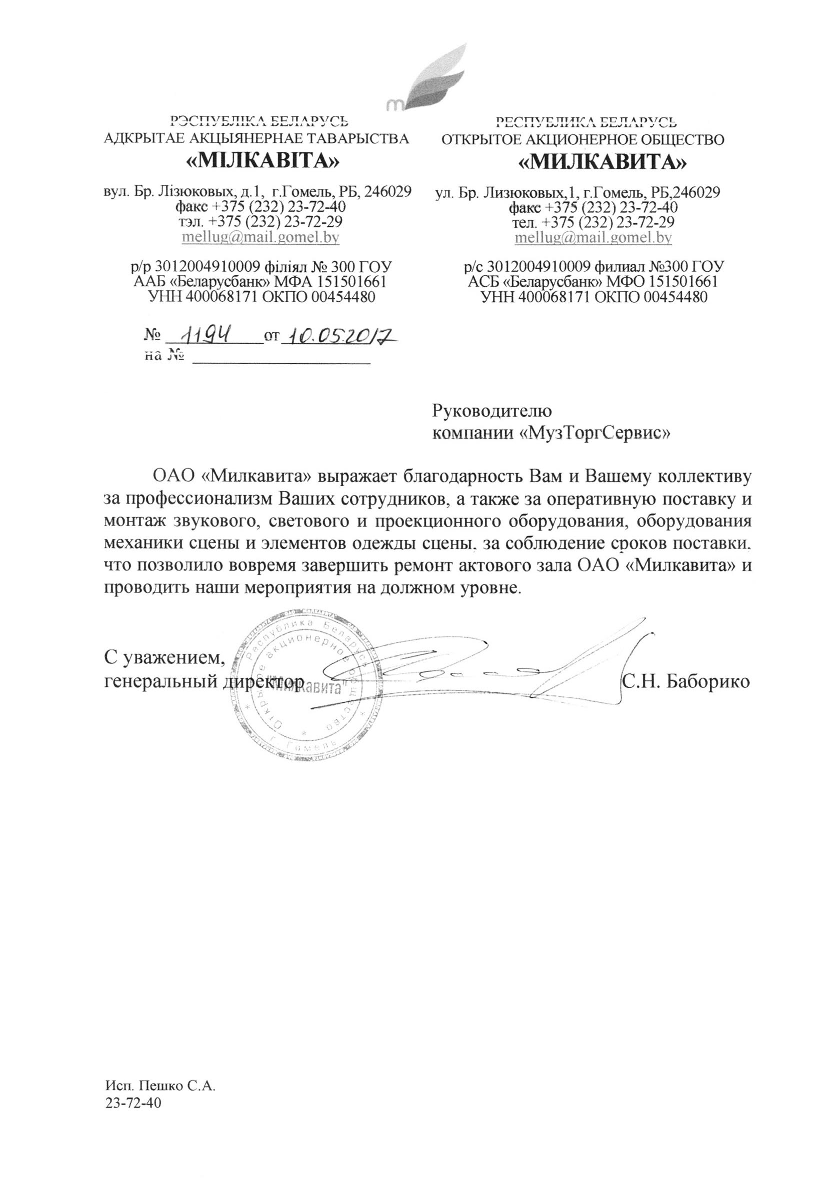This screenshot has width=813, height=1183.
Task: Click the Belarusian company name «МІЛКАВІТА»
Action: (262, 162)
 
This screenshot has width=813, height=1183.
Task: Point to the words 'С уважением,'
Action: (164, 657)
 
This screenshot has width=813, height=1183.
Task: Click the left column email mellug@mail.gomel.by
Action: (261, 237)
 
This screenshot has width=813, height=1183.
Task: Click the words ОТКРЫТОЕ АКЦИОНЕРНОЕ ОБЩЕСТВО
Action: (583, 139)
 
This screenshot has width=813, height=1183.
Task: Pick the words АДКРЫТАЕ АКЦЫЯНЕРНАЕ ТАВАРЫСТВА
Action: (256, 138)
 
